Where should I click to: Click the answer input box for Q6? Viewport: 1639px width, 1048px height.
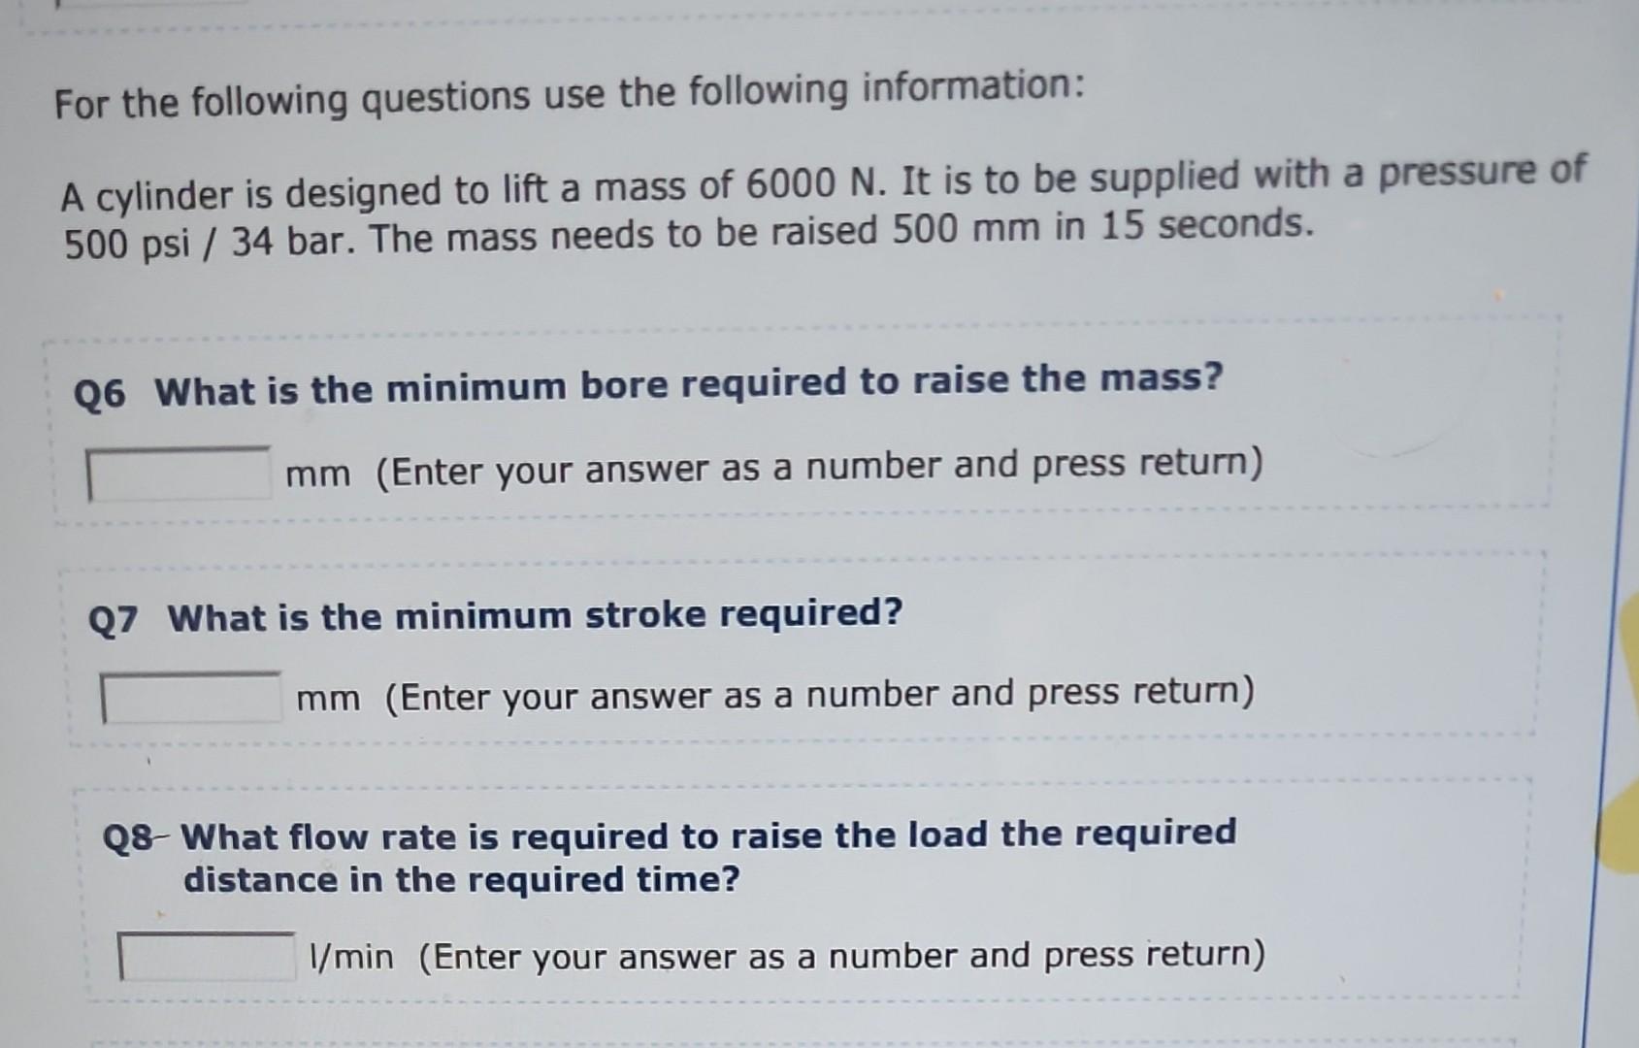tap(180, 474)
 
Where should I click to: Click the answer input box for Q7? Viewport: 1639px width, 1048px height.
tap(192, 699)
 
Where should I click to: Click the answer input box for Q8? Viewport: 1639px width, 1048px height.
tap(207, 957)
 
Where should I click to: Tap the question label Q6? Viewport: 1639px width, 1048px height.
tap(100, 394)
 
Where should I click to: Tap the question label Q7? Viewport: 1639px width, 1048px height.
tap(114, 619)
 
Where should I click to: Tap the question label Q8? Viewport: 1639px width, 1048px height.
tap(128, 838)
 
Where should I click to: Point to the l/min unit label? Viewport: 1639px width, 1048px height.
tap(351, 958)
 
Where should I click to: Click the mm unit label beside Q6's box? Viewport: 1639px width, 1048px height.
tap(318, 475)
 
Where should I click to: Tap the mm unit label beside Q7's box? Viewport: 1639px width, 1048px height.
tap(328, 699)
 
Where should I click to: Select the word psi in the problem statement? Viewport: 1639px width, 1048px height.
tap(167, 244)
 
